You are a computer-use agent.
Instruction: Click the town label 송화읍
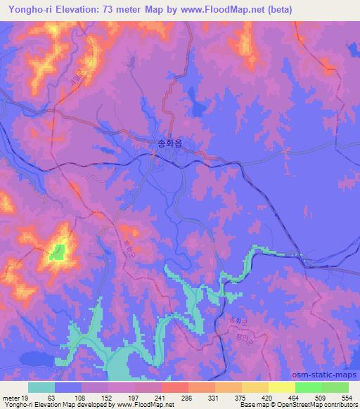[x=172, y=144]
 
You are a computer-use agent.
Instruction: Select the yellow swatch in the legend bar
[x=282, y=387]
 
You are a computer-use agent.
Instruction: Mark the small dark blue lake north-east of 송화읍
[x=200, y=106]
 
